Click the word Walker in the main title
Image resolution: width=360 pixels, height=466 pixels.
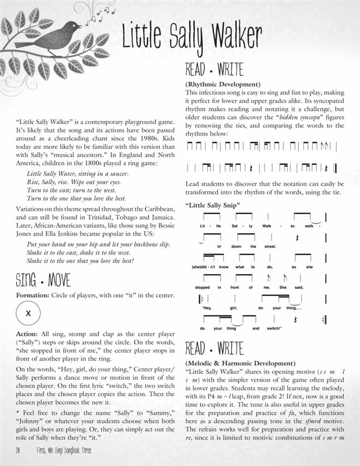[235, 37]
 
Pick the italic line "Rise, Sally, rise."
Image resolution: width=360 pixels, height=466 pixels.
[51, 182]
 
